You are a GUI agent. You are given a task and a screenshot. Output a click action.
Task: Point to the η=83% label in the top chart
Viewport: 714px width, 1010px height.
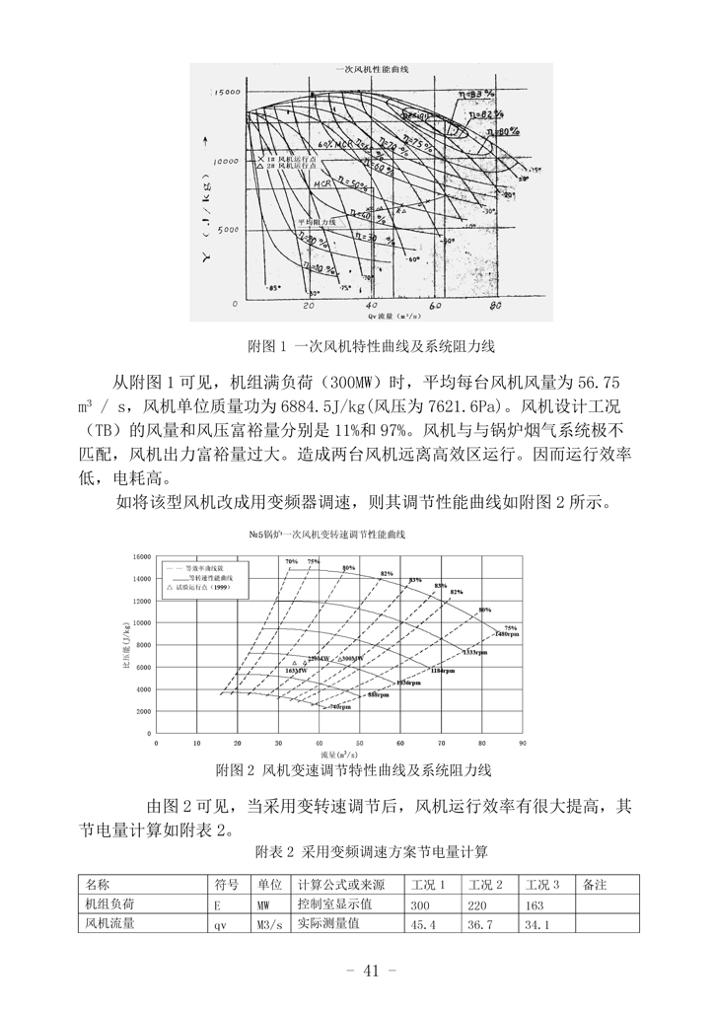(x=476, y=92)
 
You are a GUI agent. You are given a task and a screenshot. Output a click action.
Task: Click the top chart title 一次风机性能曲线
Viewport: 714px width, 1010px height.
(x=373, y=71)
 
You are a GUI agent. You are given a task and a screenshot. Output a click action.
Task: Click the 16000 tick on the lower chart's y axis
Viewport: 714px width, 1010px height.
(x=140, y=556)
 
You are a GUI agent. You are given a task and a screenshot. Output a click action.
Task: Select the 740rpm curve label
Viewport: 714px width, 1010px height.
(x=339, y=707)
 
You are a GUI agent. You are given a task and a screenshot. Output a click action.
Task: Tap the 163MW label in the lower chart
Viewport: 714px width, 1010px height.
(x=296, y=670)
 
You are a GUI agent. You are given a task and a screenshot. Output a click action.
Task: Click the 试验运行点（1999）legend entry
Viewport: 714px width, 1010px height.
(x=202, y=587)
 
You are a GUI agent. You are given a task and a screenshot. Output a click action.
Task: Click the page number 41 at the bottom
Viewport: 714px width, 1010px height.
(x=371, y=970)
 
